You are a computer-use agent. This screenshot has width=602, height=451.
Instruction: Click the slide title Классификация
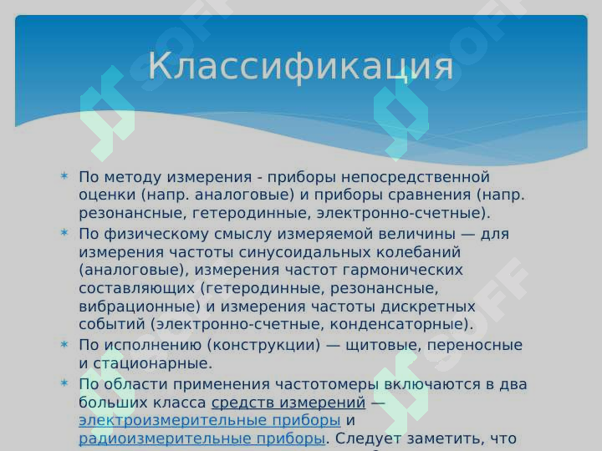click(x=301, y=66)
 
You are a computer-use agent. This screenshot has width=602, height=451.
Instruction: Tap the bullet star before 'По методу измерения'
click(x=64, y=176)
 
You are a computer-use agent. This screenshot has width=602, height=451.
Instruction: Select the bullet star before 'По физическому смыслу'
click(x=64, y=232)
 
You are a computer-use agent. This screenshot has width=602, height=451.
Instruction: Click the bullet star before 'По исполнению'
click(x=64, y=344)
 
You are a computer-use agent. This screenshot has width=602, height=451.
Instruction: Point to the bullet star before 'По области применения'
click(x=64, y=383)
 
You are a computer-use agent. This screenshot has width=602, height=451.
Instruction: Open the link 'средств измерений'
click(x=288, y=403)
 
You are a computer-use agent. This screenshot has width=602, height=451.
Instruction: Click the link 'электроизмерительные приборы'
click(x=210, y=420)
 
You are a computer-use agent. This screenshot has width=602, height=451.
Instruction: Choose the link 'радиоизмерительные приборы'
click(x=202, y=438)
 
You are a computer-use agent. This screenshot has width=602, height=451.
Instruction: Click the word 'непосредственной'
click(x=416, y=177)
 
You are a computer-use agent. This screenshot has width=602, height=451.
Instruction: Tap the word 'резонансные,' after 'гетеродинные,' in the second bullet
click(x=385, y=288)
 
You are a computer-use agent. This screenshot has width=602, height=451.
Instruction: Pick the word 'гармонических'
click(x=402, y=271)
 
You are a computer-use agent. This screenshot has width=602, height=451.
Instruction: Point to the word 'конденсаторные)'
click(x=401, y=324)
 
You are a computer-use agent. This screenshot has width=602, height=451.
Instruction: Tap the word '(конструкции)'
click(x=263, y=345)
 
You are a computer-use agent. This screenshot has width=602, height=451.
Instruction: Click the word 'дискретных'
click(x=428, y=307)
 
